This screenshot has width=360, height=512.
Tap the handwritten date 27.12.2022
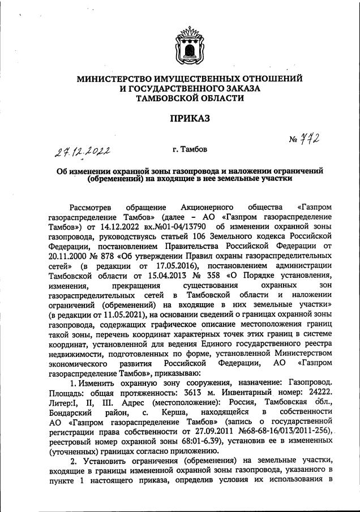pos(83,151)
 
